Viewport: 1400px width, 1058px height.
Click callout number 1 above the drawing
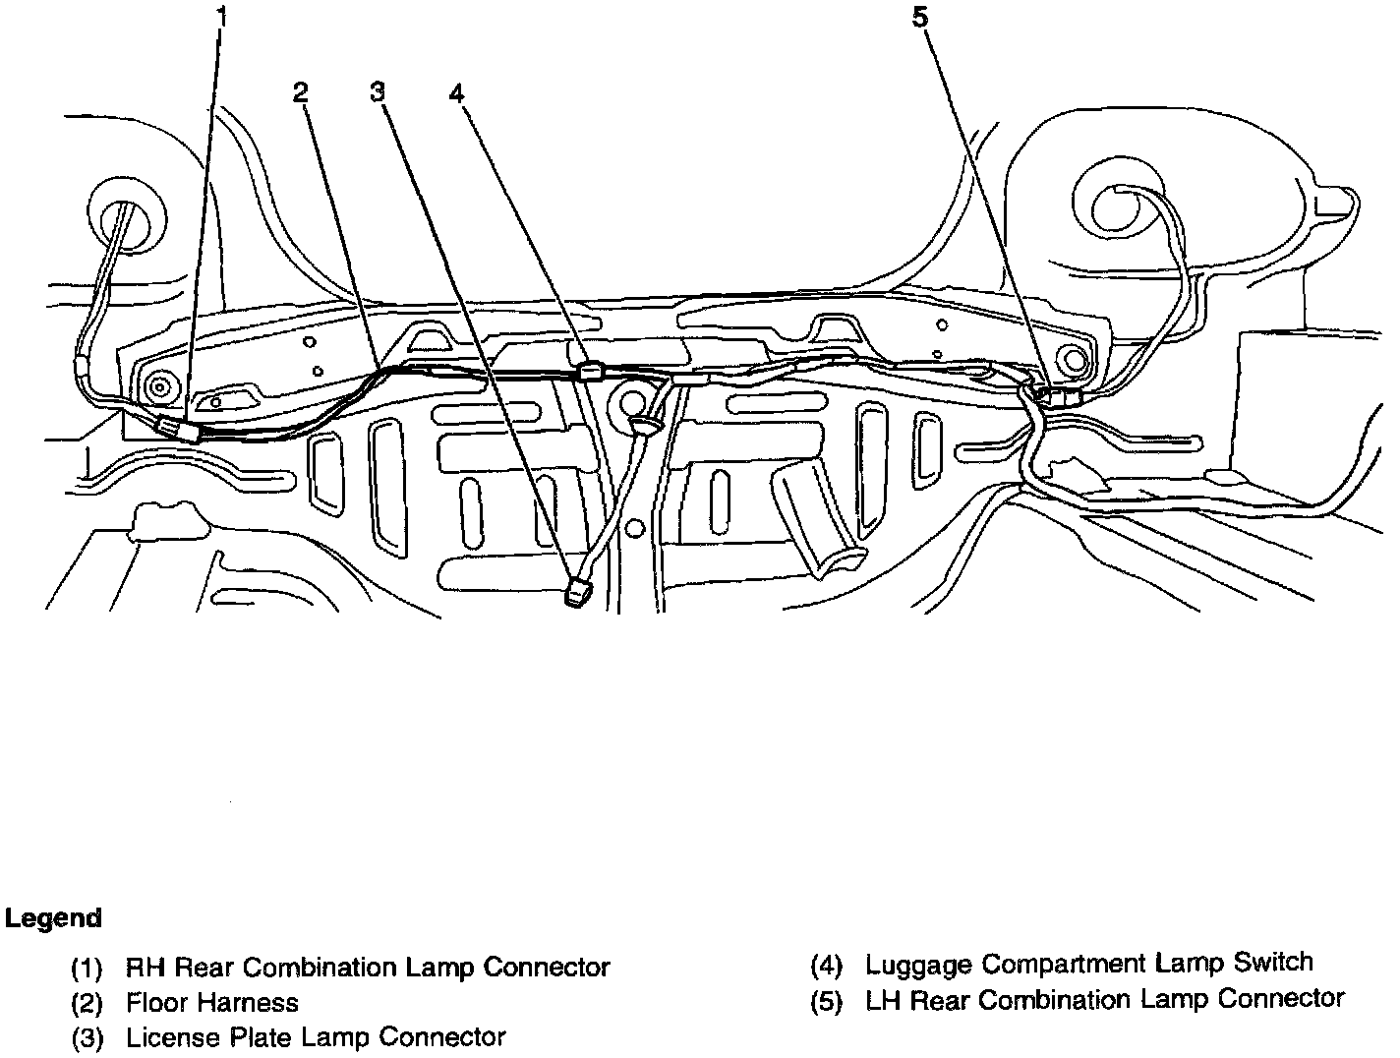tap(221, 16)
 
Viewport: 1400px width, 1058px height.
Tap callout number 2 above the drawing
tap(301, 92)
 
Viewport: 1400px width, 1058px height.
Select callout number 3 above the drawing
tap(378, 92)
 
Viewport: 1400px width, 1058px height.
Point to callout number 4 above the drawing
tap(456, 92)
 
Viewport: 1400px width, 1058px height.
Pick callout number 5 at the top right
tap(920, 17)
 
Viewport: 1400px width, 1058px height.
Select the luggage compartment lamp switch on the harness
tap(592, 372)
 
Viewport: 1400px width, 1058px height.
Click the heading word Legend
tap(53, 918)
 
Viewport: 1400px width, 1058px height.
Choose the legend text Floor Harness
tap(212, 1003)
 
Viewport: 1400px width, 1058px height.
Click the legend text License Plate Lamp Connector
tap(316, 1037)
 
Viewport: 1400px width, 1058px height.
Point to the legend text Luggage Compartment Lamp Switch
tap(1088, 963)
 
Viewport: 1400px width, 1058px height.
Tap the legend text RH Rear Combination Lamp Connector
tap(368, 968)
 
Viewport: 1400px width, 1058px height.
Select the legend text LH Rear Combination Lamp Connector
tap(1104, 1000)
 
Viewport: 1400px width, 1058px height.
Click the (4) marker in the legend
tap(827, 965)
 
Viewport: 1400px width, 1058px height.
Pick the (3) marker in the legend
tap(87, 1038)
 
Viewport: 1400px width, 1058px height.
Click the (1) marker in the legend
tap(87, 969)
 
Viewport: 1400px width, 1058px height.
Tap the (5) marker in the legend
tap(827, 1001)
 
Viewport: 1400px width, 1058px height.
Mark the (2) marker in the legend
tap(87, 1004)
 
